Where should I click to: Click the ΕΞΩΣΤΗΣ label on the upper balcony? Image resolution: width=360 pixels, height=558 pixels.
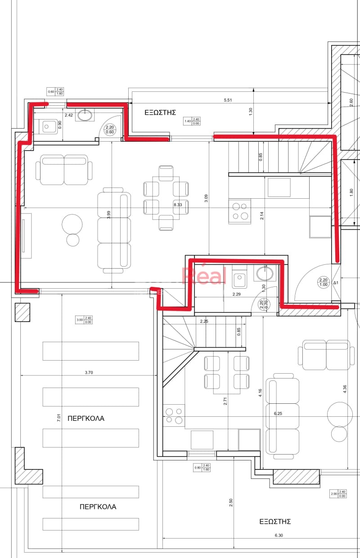[x=160, y=112]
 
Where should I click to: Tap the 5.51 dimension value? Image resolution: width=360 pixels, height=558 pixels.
[x=228, y=100]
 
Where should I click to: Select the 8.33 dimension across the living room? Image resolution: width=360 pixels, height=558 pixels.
[x=178, y=205]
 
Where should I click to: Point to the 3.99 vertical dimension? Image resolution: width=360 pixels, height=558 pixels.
[x=108, y=215]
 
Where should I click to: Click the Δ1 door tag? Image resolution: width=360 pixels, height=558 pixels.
[x=336, y=283]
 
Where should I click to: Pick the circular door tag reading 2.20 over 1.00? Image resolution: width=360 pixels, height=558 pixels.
[x=324, y=282]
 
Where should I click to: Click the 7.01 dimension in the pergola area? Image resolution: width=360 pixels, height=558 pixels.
[x=59, y=418]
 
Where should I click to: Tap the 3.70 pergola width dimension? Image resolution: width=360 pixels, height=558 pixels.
[x=89, y=373]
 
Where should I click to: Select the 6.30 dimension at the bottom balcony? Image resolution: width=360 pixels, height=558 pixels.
[x=279, y=536]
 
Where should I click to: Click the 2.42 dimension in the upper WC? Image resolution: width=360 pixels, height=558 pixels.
[x=69, y=115]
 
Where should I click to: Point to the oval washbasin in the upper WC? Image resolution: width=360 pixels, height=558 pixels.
[x=85, y=115]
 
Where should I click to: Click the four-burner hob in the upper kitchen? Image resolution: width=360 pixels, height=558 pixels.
[x=240, y=211]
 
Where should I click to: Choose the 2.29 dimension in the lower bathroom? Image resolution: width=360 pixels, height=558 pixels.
[x=236, y=294]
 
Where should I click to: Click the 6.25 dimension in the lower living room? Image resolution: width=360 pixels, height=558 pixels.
[x=278, y=414]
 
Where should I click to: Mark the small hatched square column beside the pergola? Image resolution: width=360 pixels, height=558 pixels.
[x=22, y=312]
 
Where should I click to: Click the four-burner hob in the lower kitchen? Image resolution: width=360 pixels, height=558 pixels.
[x=174, y=416]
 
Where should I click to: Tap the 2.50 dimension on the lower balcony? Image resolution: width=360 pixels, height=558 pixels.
[x=231, y=503]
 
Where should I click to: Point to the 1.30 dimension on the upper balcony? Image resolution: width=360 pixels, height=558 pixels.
[x=251, y=112]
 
